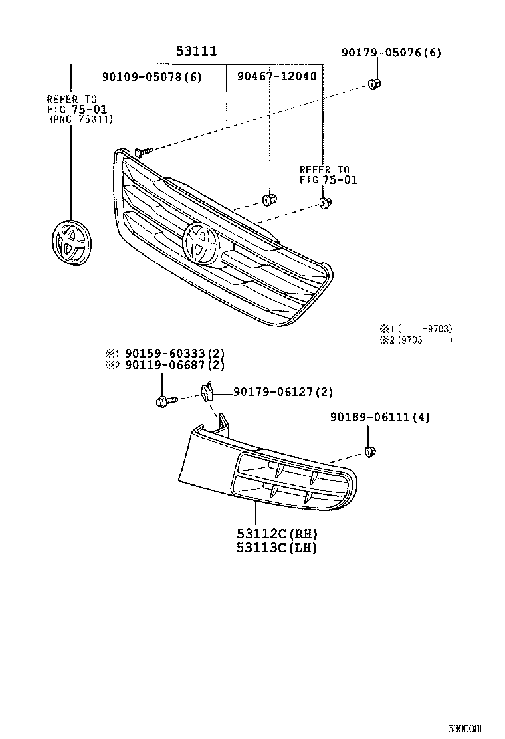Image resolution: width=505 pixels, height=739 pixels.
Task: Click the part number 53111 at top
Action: pyautogui.click(x=197, y=51)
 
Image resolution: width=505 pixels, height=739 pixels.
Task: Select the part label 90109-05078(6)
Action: pyautogui.click(x=151, y=76)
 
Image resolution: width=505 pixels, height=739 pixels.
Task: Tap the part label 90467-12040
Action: pyautogui.click(x=276, y=76)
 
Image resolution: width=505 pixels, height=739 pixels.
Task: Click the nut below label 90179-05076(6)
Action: pyautogui.click(x=373, y=84)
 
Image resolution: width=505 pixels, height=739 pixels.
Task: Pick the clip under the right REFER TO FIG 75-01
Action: pyautogui.click(x=325, y=203)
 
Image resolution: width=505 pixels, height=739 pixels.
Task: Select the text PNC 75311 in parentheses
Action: pyautogui.click(x=81, y=120)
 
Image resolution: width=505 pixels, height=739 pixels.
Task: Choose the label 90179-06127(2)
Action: pyautogui.click(x=282, y=393)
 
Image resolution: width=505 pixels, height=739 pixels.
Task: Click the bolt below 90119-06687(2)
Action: pyautogui.click(x=163, y=401)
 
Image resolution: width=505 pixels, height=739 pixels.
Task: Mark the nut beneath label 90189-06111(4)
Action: pyautogui.click(x=371, y=453)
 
